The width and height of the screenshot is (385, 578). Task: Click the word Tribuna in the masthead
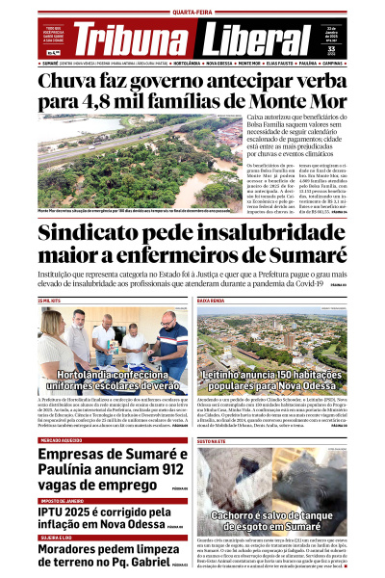tap(136, 39)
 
